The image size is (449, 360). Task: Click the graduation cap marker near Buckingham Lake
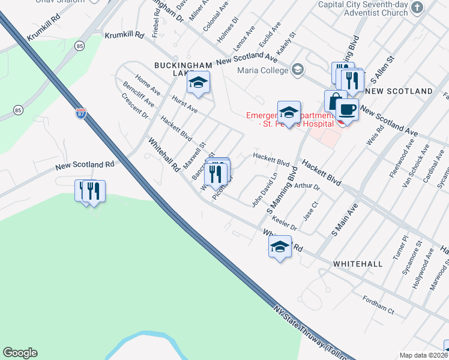click(x=197, y=83)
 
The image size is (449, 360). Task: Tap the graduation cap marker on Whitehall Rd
click(x=280, y=247)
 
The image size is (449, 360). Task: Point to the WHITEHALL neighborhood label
click(x=357, y=264)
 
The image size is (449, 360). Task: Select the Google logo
click(x=20, y=353)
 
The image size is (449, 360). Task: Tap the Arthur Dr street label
click(x=307, y=186)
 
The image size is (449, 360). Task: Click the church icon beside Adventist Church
click(x=418, y=7)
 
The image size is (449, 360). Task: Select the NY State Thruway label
click(x=312, y=336)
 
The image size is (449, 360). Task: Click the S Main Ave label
click(x=344, y=220)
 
